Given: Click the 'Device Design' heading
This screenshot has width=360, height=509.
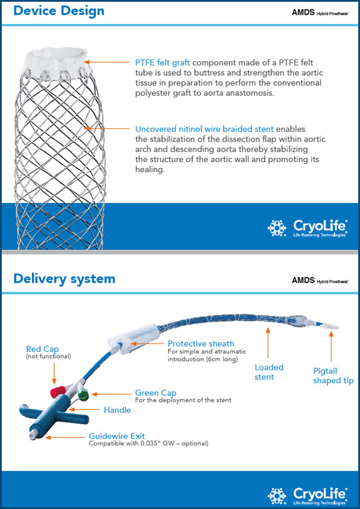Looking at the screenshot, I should click(x=59, y=11).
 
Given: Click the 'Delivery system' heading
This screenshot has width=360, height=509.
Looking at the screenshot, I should click(x=64, y=279).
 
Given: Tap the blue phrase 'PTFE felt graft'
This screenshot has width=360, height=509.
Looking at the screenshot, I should click(x=163, y=62).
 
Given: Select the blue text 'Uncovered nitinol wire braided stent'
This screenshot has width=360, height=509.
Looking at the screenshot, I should click(x=204, y=128).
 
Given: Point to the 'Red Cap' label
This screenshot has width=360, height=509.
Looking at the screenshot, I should click(x=43, y=349).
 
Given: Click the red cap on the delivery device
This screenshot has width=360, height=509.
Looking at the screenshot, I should click(x=57, y=388).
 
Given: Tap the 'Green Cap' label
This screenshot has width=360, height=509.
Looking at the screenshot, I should click(x=156, y=393).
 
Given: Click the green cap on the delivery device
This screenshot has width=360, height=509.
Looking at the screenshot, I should click(x=83, y=396).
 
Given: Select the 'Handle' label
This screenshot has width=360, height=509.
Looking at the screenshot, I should click(x=117, y=410).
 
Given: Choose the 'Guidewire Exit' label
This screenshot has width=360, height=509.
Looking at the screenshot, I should click(x=117, y=436).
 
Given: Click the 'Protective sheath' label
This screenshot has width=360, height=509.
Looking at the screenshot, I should click(x=201, y=343).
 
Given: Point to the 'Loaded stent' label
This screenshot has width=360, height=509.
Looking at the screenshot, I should click(x=269, y=372).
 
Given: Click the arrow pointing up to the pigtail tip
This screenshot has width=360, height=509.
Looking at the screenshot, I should click(x=331, y=347).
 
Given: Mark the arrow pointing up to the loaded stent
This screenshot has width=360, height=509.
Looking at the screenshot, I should click(x=269, y=344).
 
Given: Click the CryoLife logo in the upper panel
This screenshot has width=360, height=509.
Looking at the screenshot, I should click(x=308, y=227).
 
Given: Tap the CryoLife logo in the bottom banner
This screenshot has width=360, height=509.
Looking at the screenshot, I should click(x=308, y=495).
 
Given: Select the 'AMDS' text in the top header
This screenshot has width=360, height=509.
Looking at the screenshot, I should click(x=303, y=12).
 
